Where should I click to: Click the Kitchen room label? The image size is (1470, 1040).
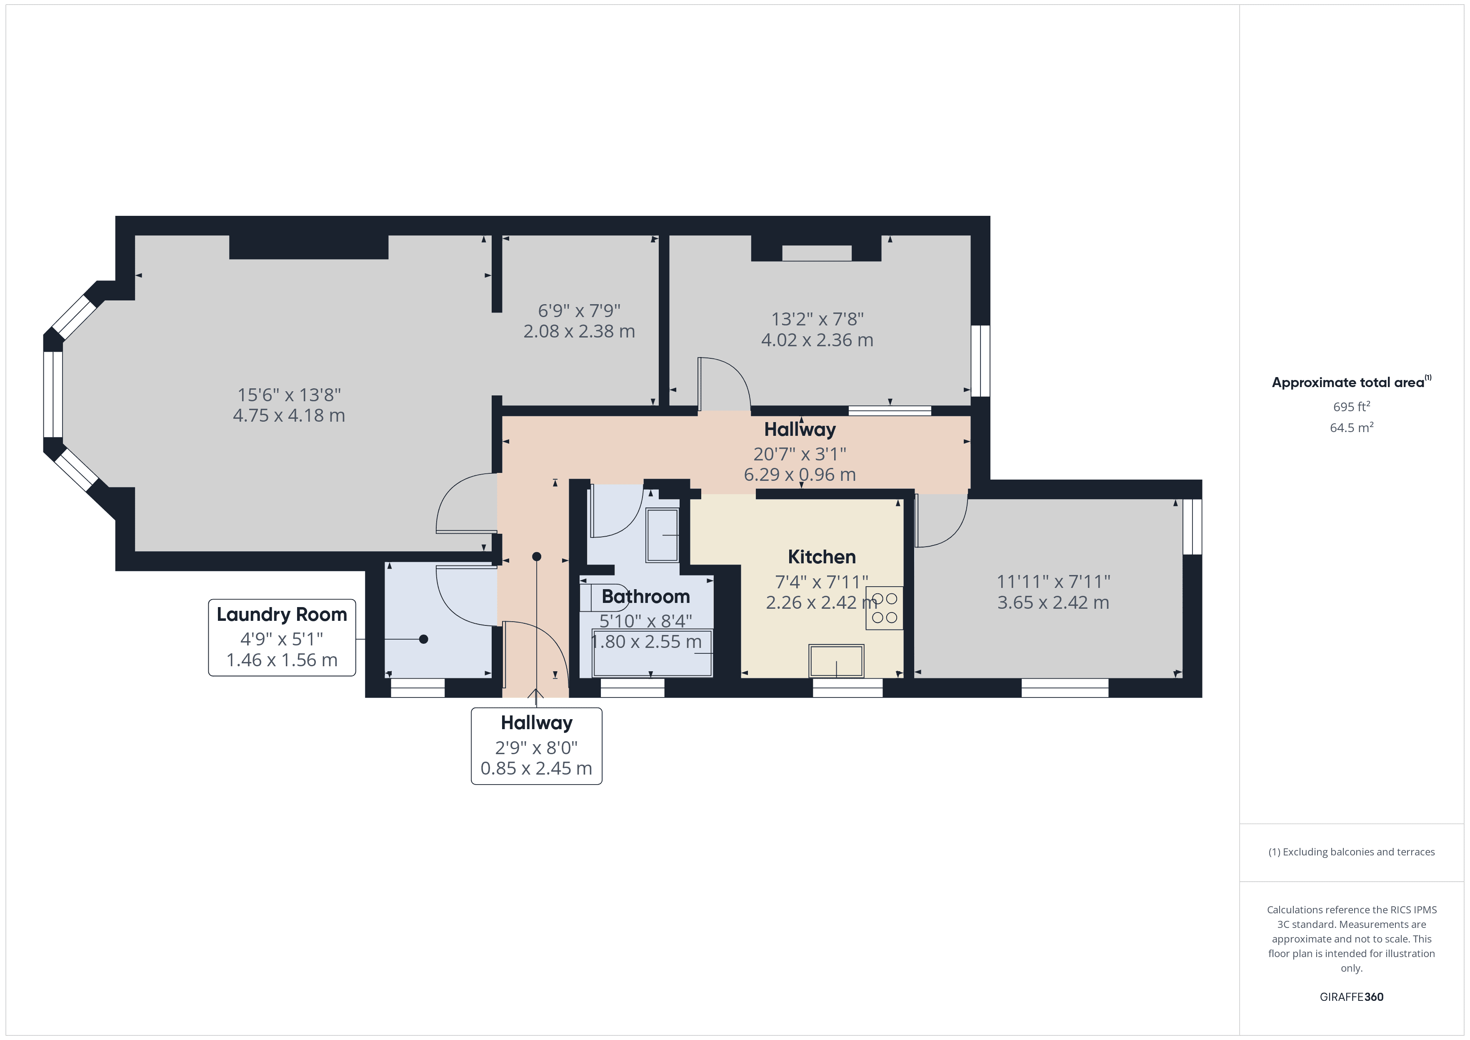(821, 557)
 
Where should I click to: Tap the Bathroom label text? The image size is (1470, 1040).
(645, 596)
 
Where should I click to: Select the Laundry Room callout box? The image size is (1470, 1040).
(282, 637)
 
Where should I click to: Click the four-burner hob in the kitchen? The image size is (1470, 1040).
(884, 608)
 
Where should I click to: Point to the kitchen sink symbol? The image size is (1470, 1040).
(836, 660)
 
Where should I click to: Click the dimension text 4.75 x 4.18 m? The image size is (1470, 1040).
(289, 415)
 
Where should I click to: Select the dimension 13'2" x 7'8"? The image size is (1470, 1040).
(817, 319)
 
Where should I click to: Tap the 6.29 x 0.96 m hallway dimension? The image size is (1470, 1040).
(799, 475)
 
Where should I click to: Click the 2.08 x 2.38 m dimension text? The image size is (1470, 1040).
(579, 331)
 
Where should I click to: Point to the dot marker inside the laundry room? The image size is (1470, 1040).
(423, 639)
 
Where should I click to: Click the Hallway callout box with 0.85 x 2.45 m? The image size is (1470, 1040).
(537, 746)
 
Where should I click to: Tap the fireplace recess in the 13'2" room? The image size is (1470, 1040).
(816, 253)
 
